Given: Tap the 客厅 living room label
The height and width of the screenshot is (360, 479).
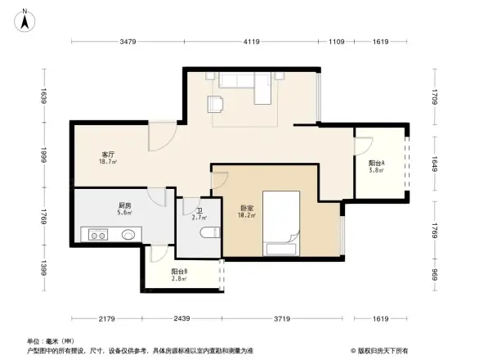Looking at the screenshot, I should [108, 154].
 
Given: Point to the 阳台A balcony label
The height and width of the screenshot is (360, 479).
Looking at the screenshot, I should [376, 163].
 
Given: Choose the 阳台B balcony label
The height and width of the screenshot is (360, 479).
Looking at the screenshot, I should [179, 272].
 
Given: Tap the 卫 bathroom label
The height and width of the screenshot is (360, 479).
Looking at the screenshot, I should [199, 210].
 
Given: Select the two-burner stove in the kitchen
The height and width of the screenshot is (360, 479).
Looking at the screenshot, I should [98, 235].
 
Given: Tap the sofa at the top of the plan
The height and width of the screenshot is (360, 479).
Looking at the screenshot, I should [239, 80].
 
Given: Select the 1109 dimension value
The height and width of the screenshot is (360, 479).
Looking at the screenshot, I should [336, 43].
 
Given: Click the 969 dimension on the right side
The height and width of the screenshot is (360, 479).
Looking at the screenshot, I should [436, 275].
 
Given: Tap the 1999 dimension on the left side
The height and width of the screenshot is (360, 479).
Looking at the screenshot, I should [45, 155].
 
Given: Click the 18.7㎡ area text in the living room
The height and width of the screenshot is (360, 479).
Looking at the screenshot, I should [108, 163].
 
